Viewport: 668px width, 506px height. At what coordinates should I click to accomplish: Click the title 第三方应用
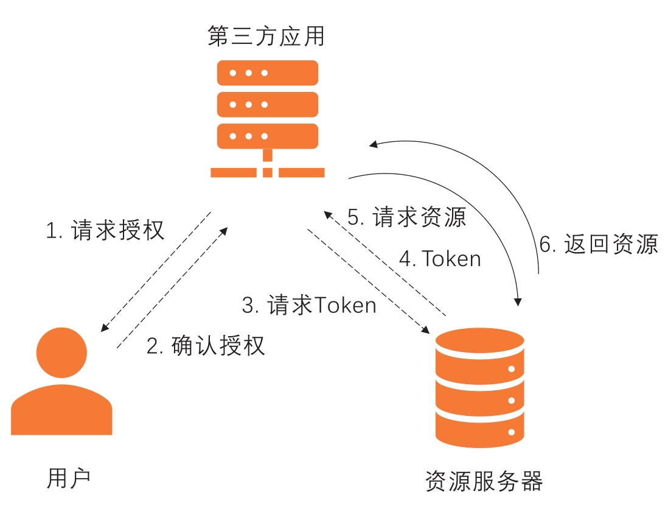pyautogui.click(x=266, y=37)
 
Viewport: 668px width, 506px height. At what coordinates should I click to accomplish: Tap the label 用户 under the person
pyautogui.click(x=69, y=478)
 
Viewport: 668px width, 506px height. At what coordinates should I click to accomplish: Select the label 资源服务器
pyautogui.click(x=484, y=481)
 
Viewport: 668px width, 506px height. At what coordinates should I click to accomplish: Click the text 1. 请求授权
pyautogui.click(x=105, y=231)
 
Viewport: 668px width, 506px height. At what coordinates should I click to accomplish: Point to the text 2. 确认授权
pyautogui.click(x=206, y=345)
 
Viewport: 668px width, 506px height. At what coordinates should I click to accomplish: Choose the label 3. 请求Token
pyautogui.click(x=309, y=305)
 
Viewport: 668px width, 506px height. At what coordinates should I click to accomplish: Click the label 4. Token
pyautogui.click(x=440, y=259)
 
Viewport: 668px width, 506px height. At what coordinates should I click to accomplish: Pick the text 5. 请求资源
pyautogui.click(x=406, y=217)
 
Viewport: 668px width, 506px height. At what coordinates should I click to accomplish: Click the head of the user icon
pyautogui.click(x=61, y=353)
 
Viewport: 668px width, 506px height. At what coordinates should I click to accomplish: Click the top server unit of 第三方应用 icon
pyautogui.click(x=268, y=73)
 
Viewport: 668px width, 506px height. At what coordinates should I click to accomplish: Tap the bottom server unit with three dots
pyautogui.click(x=268, y=136)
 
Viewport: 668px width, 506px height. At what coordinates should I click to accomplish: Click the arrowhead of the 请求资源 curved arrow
pyautogui.click(x=518, y=300)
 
